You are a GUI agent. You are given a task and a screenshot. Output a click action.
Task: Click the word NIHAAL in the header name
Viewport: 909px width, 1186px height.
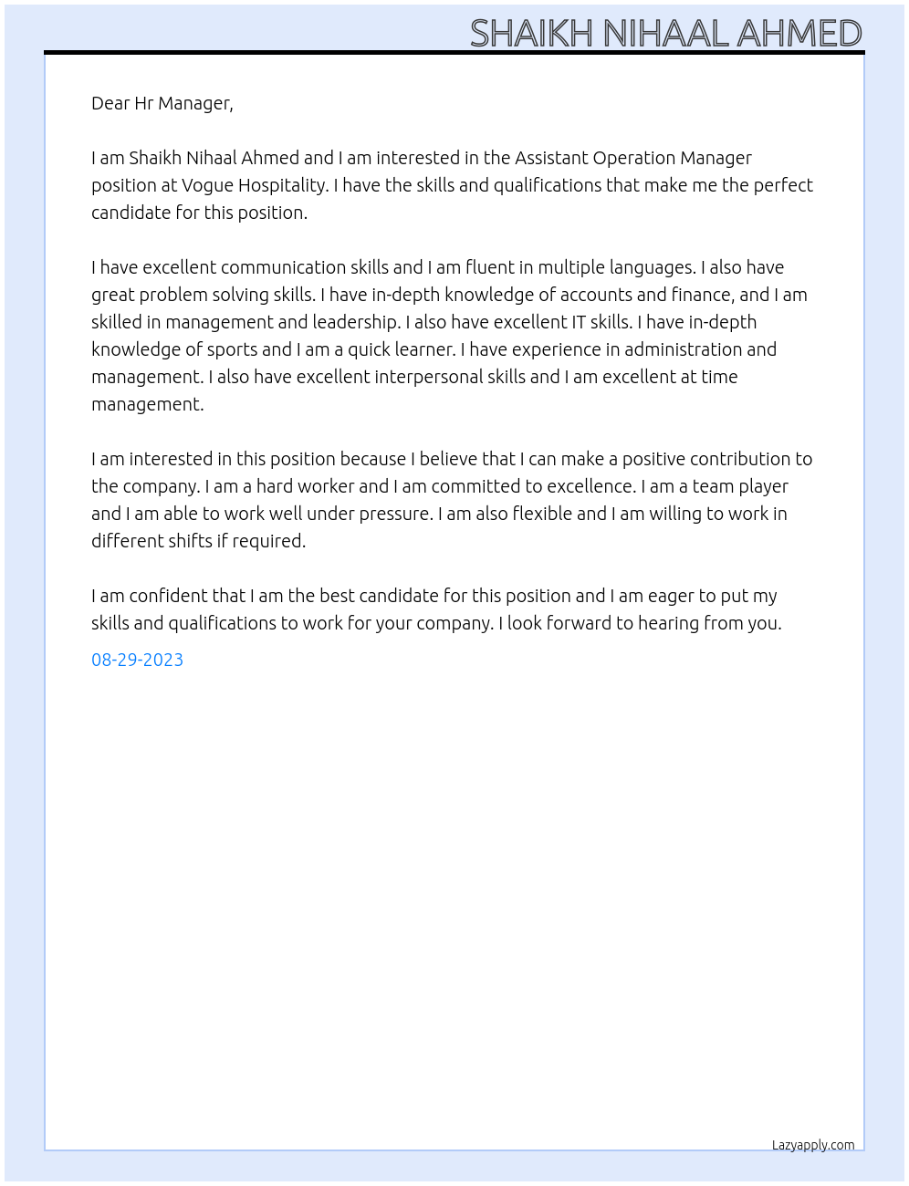point(665,34)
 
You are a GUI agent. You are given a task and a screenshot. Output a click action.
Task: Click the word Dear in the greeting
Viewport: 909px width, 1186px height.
point(110,103)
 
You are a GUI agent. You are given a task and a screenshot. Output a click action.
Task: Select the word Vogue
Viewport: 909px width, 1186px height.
point(207,185)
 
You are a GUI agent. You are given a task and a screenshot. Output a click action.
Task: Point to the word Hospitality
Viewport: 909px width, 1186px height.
point(282,185)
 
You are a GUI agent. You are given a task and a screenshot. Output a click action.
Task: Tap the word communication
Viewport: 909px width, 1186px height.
point(283,267)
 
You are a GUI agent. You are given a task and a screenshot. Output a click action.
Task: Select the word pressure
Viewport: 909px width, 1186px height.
point(393,514)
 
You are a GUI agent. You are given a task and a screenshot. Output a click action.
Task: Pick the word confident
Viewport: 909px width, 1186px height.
point(169,596)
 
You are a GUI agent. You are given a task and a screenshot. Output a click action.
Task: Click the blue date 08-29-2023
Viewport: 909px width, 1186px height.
point(137,660)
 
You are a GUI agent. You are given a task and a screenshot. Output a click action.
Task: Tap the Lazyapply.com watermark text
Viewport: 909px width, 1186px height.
point(813,1145)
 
